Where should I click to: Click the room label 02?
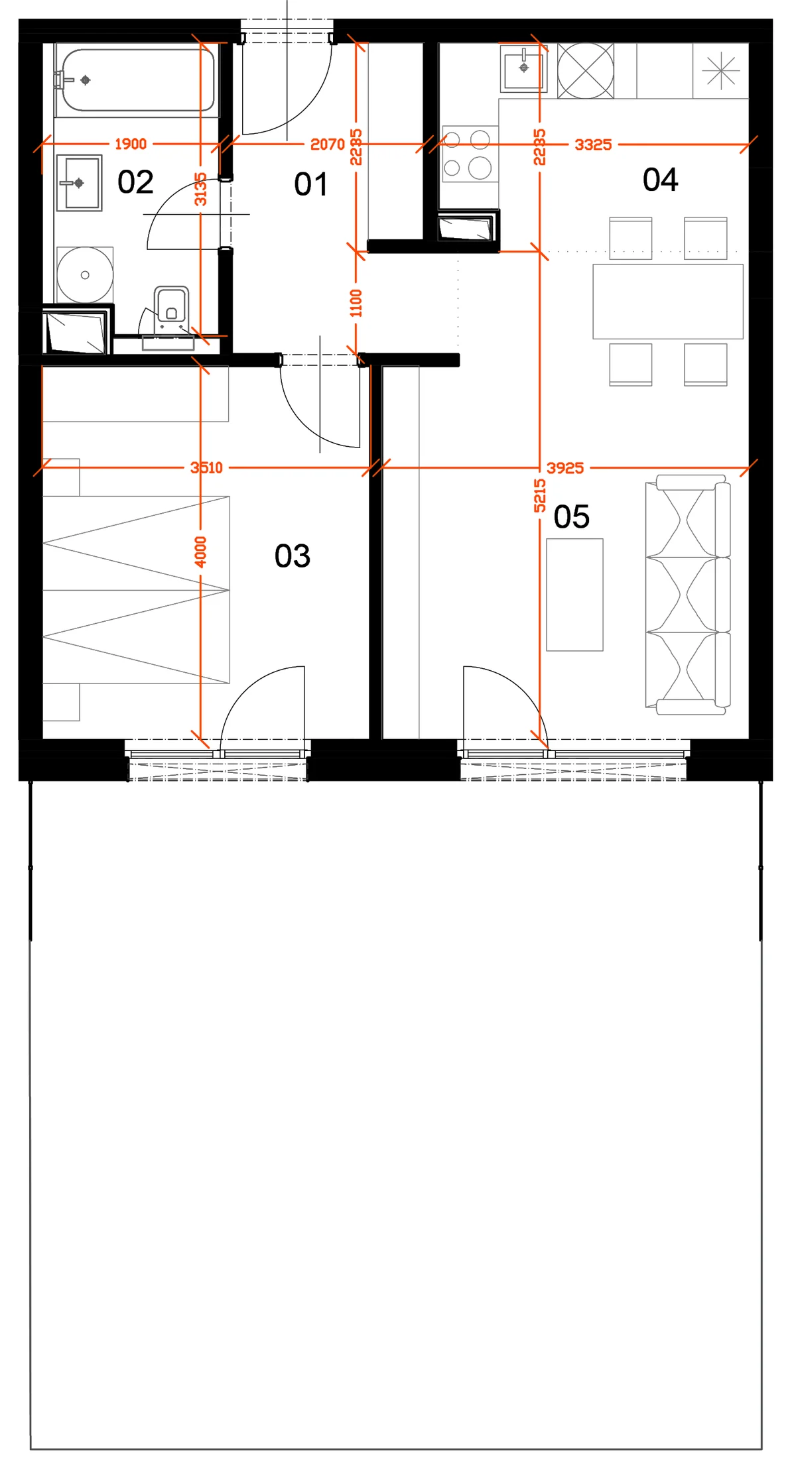pyautogui.click(x=135, y=182)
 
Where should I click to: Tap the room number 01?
pyautogui.click(x=310, y=184)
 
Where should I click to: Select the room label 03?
pyautogui.click(x=293, y=556)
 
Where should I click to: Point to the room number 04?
pyautogui.click(x=660, y=180)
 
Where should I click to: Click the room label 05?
pyautogui.click(x=571, y=517)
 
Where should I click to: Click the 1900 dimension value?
pyautogui.click(x=131, y=144)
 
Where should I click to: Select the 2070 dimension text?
pyautogui.click(x=328, y=144)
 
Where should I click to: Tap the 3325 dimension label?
pyautogui.click(x=593, y=145)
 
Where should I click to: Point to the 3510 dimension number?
pyautogui.click(x=206, y=468)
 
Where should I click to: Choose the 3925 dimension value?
pyautogui.click(x=565, y=468)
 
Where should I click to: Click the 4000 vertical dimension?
pyautogui.click(x=200, y=552)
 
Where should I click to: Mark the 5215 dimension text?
pyautogui.click(x=540, y=496)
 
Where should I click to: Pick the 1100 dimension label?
pyautogui.click(x=356, y=303)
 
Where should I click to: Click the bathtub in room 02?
pyautogui.click(x=137, y=80)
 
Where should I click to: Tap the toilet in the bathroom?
pyautogui.click(x=171, y=309)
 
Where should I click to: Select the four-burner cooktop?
pyautogui.click(x=470, y=153)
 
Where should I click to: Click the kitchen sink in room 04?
pyautogui.click(x=523, y=68)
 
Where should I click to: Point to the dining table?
pyautogui.click(x=668, y=302)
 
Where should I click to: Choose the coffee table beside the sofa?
pyautogui.click(x=575, y=595)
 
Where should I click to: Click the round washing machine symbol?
pyautogui.click(x=85, y=275)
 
